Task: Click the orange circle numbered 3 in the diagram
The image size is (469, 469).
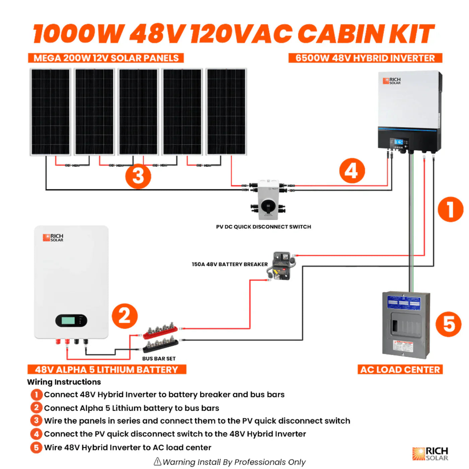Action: pyautogui.click(x=138, y=176)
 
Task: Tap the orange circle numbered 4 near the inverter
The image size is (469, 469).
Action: pyautogui.click(x=352, y=171)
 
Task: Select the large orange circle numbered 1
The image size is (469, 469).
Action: pyautogui.click(x=451, y=209)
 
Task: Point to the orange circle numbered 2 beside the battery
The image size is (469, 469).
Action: pyautogui.click(x=125, y=316)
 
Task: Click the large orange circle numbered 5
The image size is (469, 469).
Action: pyautogui.click(x=449, y=324)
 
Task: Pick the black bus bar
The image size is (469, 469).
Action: pyautogui.click(x=160, y=345)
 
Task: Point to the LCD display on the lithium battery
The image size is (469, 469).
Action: pyautogui.click(x=68, y=321)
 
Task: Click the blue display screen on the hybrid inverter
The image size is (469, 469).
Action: pyautogui.click(x=399, y=142)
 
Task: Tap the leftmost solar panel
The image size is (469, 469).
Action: pyautogui.click(x=51, y=112)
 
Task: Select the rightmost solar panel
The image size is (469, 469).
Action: pyautogui.click(x=226, y=112)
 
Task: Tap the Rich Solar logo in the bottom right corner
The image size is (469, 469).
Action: pyautogui.click(x=430, y=454)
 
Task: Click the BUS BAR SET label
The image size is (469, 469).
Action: pyautogui.click(x=159, y=358)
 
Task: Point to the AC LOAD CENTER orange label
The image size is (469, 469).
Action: pyautogui.click(x=400, y=370)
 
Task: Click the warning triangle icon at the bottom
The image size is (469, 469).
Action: pyautogui.click(x=157, y=462)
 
